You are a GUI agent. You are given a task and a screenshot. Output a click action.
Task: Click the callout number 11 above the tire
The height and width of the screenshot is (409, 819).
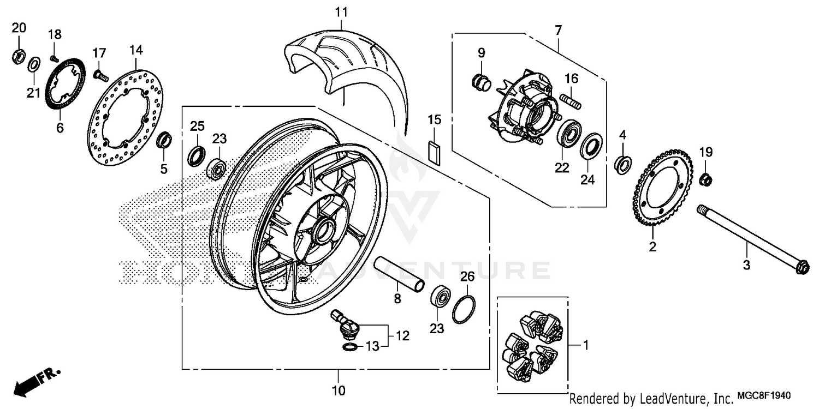coord(341,11)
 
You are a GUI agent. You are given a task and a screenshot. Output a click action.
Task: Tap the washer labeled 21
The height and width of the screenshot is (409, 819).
coord(33,63)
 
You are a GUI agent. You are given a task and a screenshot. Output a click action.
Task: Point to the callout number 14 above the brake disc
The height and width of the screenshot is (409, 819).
coord(136,51)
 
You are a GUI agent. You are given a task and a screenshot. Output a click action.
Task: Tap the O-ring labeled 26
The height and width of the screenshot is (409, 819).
coord(464,310)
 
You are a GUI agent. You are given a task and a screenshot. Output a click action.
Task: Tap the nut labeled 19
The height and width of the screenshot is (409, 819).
coord(705,178)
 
